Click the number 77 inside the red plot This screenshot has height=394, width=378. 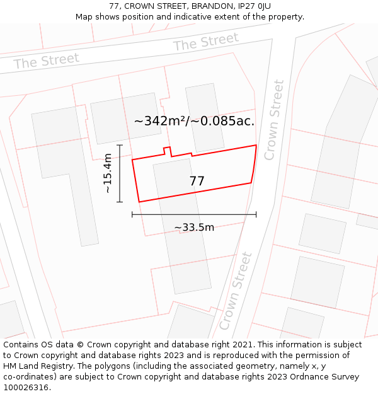tap(197, 182)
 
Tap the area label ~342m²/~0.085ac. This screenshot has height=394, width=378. tap(194, 121)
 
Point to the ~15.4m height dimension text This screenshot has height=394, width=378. tap(107, 173)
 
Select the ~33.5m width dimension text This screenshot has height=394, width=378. tap(194, 228)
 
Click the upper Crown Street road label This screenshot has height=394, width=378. tap(274, 120)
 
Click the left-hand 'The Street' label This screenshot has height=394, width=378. tap(47, 61)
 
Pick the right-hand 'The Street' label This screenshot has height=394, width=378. tap(206, 43)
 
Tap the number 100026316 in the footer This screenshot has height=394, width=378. tap(26, 388)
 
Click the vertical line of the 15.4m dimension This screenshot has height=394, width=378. tap(119, 173)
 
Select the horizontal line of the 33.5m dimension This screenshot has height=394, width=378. tap(194, 215)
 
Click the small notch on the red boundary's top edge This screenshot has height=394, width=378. tap(168, 150)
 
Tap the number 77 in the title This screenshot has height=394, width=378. tap(114, 6)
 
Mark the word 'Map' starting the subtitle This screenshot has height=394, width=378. tap(84, 16)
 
